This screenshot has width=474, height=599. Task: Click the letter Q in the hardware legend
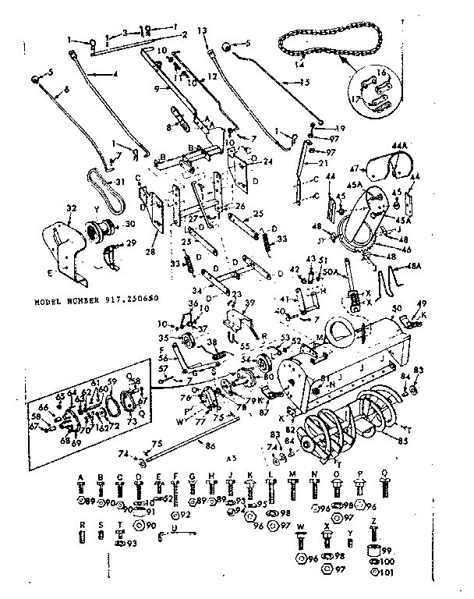384,475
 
